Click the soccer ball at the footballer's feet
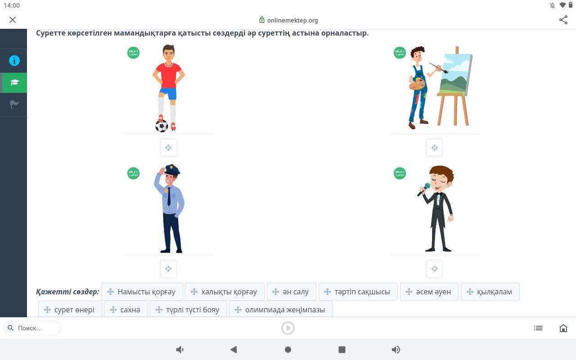162,126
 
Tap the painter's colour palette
417,84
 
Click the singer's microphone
423,189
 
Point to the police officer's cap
172,170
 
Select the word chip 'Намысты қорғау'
142,292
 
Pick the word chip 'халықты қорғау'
225,292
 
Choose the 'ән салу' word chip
292,292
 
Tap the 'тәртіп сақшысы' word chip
358,292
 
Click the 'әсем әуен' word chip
429,292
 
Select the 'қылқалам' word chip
490,292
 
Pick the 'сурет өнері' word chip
70,309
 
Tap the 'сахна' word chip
126,309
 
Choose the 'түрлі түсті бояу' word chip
188,309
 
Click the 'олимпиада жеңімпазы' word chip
281,309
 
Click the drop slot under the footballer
168,148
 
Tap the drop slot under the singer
435,269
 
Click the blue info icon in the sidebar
14,61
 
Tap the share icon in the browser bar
563,20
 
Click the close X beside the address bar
13,20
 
